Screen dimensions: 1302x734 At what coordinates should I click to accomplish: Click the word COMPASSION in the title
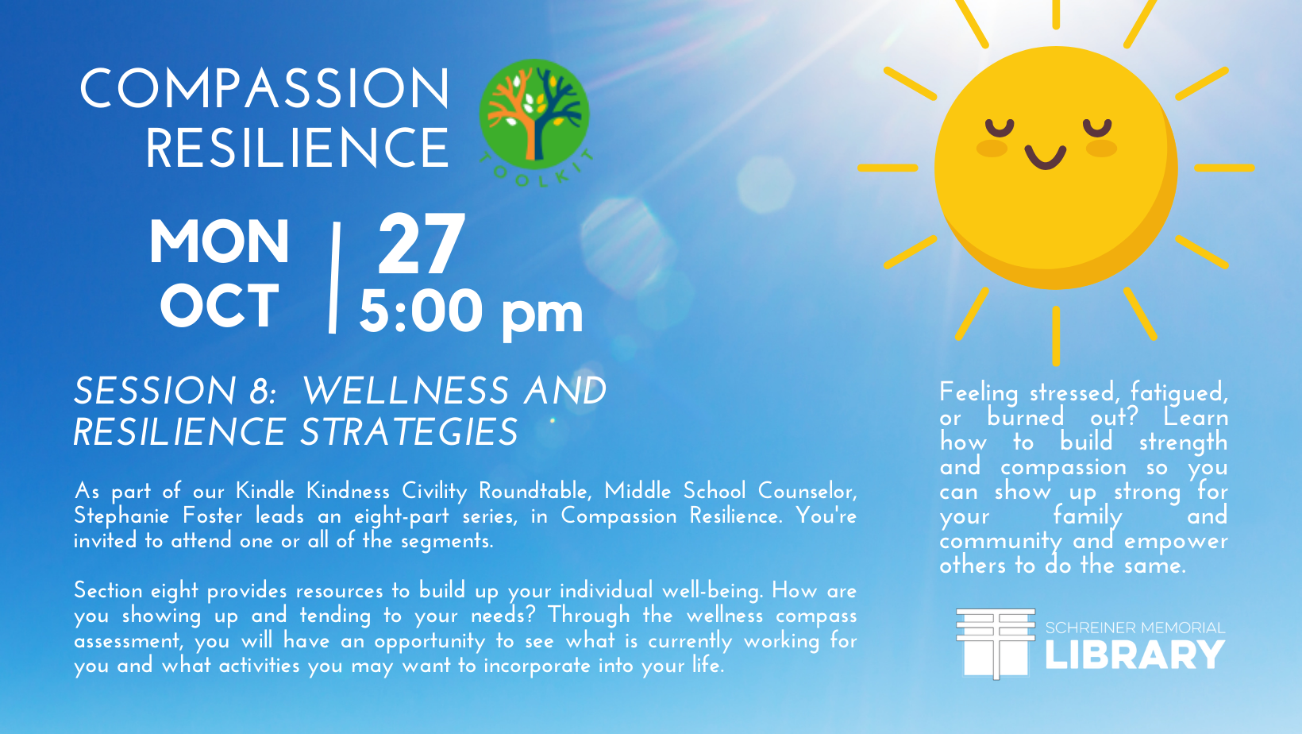(x=264, y=88)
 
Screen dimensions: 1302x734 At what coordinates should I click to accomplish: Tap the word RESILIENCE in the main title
(x=297, y=148)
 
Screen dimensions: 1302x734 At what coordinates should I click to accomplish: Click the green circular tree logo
(x=534, y=114)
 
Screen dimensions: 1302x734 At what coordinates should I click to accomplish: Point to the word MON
(x=219, y=242)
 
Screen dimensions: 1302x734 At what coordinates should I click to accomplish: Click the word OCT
(x=219, y=306)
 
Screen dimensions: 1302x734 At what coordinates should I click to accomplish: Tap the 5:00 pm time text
(x=471, y=313)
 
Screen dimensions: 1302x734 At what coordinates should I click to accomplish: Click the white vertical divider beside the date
(x=334, y=277)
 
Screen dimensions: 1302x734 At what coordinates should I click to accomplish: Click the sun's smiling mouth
(x=1045, y=157)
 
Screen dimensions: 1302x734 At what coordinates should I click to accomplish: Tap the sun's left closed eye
(x=1000, y=127)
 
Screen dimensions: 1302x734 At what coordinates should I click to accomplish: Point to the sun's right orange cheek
(x=1101, y=149)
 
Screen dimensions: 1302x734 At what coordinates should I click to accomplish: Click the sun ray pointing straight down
(x=1056, y=336)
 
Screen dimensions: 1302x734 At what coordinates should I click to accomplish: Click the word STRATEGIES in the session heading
(x=409, y=432)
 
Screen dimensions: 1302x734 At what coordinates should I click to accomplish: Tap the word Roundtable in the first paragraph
(x=535, y=492)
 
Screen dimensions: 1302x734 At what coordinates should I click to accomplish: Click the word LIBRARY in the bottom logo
(x=1135, y=655)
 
